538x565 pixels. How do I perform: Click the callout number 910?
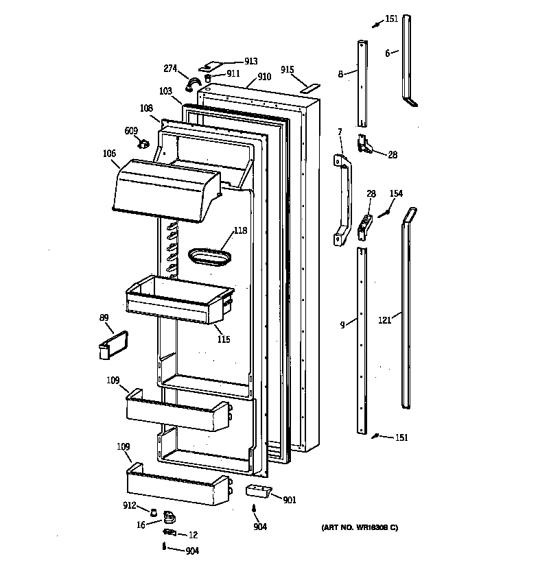[264, 78]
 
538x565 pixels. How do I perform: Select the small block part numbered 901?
[258, 491]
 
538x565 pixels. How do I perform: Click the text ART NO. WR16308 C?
[359, 527]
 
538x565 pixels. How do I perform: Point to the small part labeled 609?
[143, 143]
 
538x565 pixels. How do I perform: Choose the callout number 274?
[170, 68]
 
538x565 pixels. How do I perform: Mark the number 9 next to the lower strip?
[342, 324]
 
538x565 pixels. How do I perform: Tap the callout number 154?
[396, 194]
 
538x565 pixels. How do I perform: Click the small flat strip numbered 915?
[311, 88]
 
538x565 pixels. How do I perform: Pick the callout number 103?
[165, 91]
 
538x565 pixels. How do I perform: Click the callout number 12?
[193, 535]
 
